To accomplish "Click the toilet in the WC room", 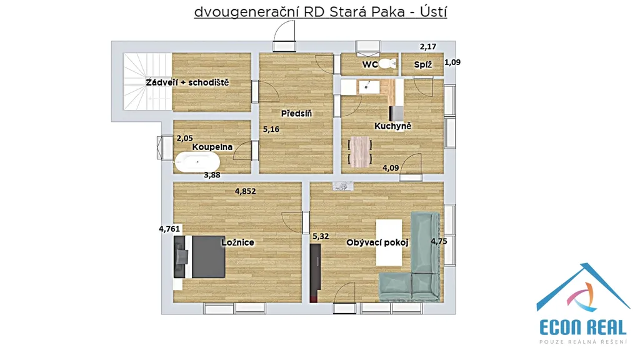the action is point(387,64).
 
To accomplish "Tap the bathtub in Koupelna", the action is point(197,162).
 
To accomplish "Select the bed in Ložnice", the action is point(199,257).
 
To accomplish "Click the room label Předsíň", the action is point(296,114).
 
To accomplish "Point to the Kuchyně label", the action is point(392,126).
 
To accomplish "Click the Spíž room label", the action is point(423,64).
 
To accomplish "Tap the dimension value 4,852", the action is point(245,191).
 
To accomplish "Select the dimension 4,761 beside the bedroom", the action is point(169,229).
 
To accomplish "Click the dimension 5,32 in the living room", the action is point(321,236).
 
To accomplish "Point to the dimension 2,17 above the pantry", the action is point(428,47).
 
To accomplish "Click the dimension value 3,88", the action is point(212,175).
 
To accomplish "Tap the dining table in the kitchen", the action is point(360,152).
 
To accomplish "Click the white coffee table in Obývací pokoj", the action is point(389,242).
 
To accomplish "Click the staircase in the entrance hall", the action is point(147,82).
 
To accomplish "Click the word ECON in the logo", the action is point(560,327).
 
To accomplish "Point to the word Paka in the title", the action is point(388,12).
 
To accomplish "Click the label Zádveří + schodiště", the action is point(187,82).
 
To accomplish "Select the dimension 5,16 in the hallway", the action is point(271,129).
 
